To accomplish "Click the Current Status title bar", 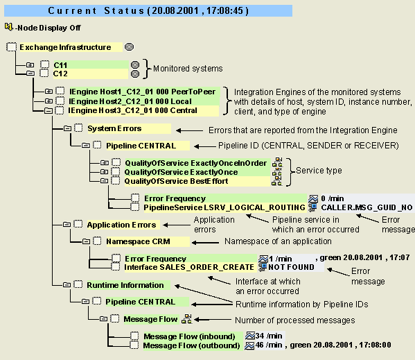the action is click(148, 10).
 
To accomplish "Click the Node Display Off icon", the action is click(8, 27).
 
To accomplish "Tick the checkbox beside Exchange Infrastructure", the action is click(11, 47).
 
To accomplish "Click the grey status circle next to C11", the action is click(135, 65).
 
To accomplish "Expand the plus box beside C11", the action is click(30, 65).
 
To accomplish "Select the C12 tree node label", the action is click(60, 74).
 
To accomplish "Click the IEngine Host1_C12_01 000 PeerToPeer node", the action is click(143, 92).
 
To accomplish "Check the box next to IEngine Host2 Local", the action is click(60, 101).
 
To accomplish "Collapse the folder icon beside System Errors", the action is click(67, 128).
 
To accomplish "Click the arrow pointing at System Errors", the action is click(190, 130).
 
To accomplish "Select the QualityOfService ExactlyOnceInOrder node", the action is click(196, 163).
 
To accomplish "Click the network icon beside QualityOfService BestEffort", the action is click(277, 181).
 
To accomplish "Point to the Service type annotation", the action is click(319, 171).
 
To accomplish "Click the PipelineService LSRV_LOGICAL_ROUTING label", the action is click(224, 207).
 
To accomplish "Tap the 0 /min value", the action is click(333, 198).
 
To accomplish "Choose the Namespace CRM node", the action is click(138, 241).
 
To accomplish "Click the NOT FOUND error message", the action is click(291, 267).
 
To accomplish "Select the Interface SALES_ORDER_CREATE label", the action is click(189, 267).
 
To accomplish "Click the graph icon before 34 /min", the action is click(250, 336).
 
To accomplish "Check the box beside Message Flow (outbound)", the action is click(134, 345).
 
